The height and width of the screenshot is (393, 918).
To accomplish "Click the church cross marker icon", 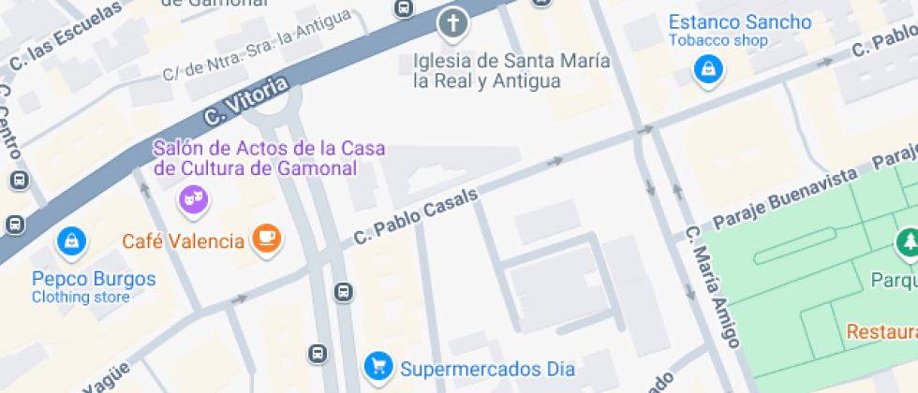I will pos(453,23).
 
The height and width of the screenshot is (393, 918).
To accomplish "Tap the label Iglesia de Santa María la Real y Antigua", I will pos(511,71).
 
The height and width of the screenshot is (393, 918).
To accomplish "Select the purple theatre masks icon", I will pos(193,198).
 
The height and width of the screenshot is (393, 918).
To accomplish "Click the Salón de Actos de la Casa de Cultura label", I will pos(269,158).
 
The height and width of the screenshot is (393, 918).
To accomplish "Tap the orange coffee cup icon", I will pos(267,240).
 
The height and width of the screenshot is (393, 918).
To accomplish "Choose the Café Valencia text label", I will pos(183,241).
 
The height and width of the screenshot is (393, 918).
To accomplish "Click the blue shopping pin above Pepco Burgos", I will pos(71,241).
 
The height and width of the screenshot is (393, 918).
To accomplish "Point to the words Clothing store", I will pos(80,298).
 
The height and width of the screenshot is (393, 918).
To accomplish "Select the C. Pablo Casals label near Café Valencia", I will pos(416,216).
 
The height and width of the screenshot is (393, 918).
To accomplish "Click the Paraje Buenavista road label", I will pos(785,198).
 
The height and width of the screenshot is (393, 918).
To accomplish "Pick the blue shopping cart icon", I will pos(378,366).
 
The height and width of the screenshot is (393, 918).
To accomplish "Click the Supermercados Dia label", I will pos(487,368).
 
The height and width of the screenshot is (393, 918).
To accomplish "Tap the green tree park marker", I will pos(907,243).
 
